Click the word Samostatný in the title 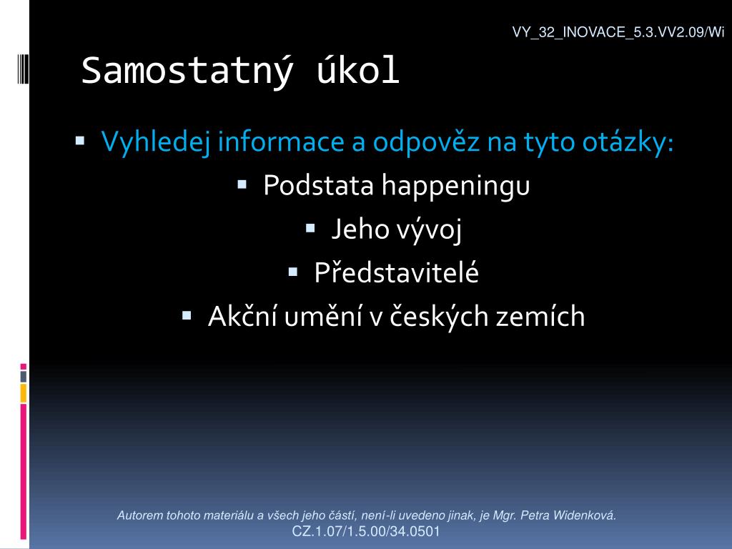pyautogui.click(x=188, y=71)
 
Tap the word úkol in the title pyautogui.click(x=358, y=69)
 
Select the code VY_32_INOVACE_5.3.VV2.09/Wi pyautogui.click(x=618, y=32)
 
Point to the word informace pyautogui.click(x=281, y=141)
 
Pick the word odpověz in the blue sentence pyautogui.click(x=426, y=142)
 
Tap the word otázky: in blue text pyautogui.click(x=628, y=142)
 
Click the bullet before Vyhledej pyautogui.click(x=80, y=140)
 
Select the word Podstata pyautogui.click(x=318, y=185)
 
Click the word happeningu pyautogui.click(x=455, y=187)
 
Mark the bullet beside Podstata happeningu pyautogui.click(x=242, y=184)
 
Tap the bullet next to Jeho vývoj pyautogui.click(x=310, y=228)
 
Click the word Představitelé pyautogui.click(x=396, y=272)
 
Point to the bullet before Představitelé pyautogui.click(x=293, y=272)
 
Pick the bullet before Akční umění pyautogui.click(x=187, y=315)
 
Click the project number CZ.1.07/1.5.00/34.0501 pyautogui.click(x=366, y=531)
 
